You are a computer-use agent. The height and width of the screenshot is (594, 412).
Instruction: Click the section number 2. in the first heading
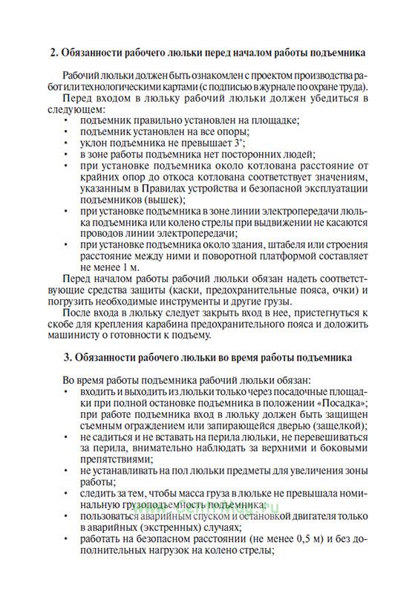[x=53, y=53]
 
